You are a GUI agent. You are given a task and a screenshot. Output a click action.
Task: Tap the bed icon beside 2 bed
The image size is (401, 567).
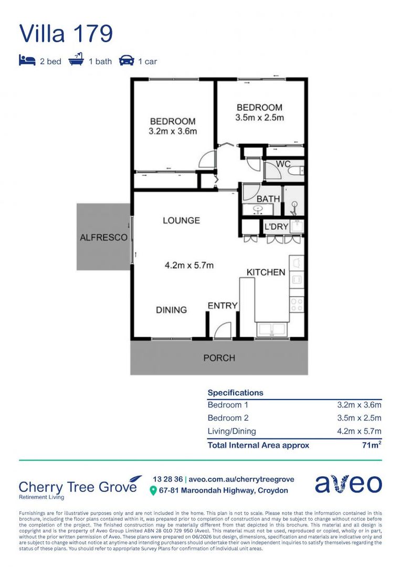point(27,60)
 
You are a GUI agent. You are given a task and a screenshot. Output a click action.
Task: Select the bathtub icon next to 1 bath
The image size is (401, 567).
point(76,59)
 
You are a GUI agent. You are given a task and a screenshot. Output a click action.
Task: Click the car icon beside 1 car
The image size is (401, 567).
point(126,60)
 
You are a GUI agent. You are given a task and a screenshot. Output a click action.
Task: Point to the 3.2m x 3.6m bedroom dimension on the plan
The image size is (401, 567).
point(173,131)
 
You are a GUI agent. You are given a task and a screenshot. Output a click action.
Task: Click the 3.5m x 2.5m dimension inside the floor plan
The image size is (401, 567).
point(260,117)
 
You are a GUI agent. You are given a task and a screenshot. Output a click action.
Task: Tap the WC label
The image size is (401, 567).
point(283,164)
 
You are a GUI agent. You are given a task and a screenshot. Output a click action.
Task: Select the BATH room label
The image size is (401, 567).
point(268,199)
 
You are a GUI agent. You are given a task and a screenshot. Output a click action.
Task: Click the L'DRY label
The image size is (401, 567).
point(277,227)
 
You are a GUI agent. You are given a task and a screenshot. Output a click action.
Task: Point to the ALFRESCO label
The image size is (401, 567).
point(104,238)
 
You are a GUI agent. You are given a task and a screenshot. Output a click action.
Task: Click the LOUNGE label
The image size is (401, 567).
point(181,220)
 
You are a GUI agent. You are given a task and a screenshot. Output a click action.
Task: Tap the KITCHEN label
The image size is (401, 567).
point(266,272)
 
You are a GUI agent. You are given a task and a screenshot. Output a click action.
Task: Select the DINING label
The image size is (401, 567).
point(172,310)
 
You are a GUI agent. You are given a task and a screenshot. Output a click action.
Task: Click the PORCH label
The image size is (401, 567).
point(219,358)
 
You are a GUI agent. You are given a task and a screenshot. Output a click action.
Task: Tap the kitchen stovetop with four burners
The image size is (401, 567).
point(297,304)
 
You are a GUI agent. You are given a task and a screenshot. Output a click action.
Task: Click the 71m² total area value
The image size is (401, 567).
point(372,445)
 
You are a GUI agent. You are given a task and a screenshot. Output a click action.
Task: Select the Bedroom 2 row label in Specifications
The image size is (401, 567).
point(228,418)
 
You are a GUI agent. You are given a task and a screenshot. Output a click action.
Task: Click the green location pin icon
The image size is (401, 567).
point(153,491)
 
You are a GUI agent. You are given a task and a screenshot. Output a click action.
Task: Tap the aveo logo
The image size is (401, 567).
point(348,484)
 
